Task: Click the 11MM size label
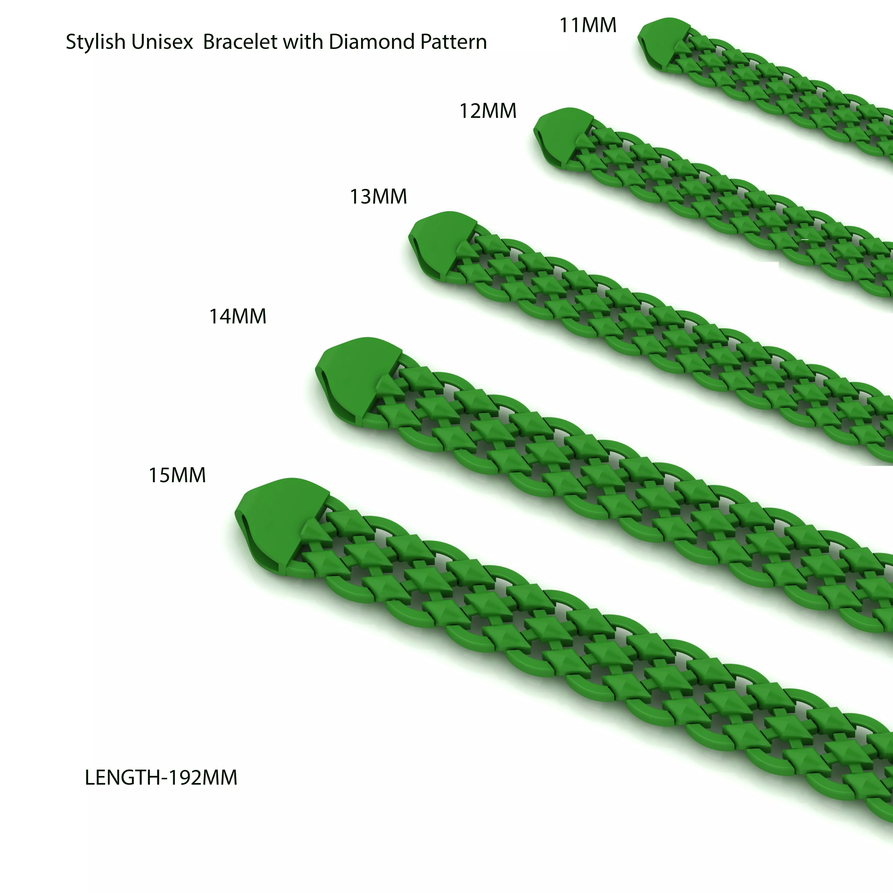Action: [588, 25]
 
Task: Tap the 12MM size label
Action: [488, 111]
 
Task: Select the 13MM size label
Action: [378, 196]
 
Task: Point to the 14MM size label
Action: [238, 317]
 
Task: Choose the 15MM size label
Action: [177, 475]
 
